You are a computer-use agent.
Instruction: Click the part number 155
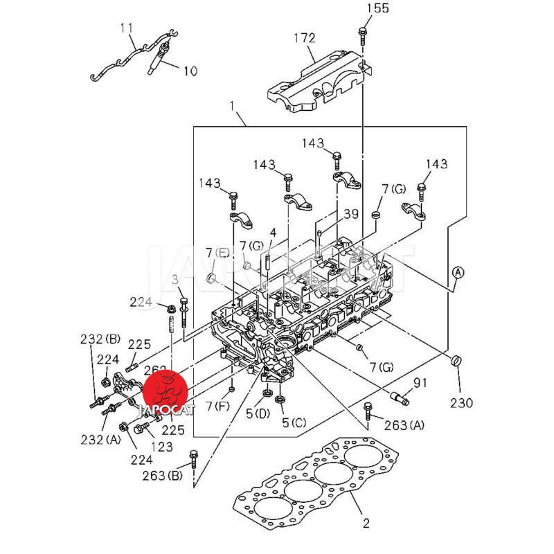pyautogui.click(x=377, y=8)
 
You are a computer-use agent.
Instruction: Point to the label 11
pyautogui.click(x=125, y=28)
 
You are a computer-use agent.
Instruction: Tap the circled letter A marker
pyautogui.click(x=458, y=272)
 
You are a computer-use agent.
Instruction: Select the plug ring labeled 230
pyautogui.click(x=456, y=361)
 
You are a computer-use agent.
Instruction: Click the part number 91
pyautogui.click(x=420, y=383)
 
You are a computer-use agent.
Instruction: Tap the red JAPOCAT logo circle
pyautogui.click(x=167, y=391)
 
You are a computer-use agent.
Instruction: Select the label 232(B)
pyautogui.click(x=100, y=339)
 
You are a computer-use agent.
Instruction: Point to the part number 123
pyautogui.click(x=161, y=447)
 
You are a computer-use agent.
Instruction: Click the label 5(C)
pyautogui.click(x=294, y=422)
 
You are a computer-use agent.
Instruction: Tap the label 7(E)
pyautogui.click(x=215, y=252)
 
